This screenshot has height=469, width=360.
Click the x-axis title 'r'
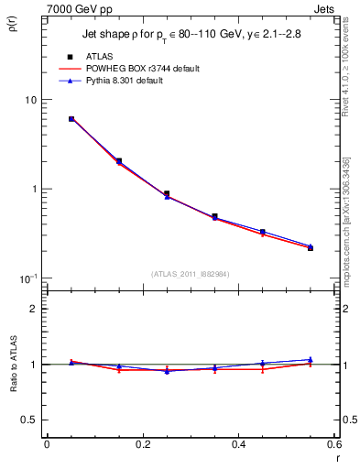[x=336, y=458]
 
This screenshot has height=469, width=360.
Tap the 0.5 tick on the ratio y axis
[x=29, y=420]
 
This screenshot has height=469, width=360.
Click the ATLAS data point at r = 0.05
[x=71, y=119]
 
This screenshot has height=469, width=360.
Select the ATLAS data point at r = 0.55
[x=311, y=247]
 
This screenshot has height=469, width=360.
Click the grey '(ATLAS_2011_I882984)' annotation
[x=191, y=273]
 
